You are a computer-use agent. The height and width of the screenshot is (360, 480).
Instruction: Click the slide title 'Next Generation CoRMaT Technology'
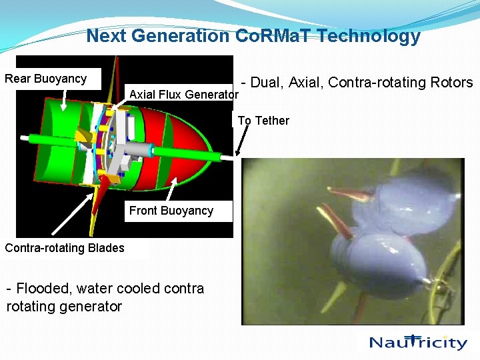pos(253,36)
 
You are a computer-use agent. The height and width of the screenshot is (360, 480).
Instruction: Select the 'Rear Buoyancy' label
pos(46,79)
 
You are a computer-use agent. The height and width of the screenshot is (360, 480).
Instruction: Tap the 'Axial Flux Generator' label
pos(183,95)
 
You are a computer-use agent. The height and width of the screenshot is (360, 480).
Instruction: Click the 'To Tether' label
pos(263,121)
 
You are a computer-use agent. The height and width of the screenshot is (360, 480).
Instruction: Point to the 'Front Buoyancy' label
pos(171,211)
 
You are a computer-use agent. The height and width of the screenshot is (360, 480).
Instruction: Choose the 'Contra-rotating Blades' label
pos(65,248)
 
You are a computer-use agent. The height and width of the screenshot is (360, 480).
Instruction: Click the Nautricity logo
pos(419,342)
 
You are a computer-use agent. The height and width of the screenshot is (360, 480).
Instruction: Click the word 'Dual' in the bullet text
pos(267,83)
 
